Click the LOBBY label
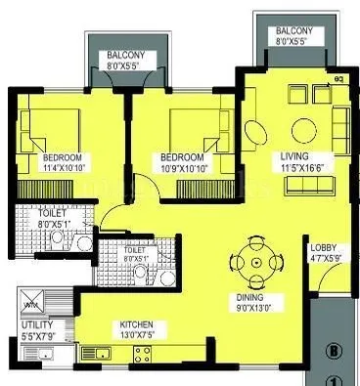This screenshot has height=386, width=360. [324, 248]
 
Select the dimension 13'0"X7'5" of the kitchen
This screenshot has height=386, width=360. [136, 335]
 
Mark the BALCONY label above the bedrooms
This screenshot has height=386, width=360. [127, 56]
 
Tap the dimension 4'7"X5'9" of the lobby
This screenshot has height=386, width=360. [325, 259]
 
